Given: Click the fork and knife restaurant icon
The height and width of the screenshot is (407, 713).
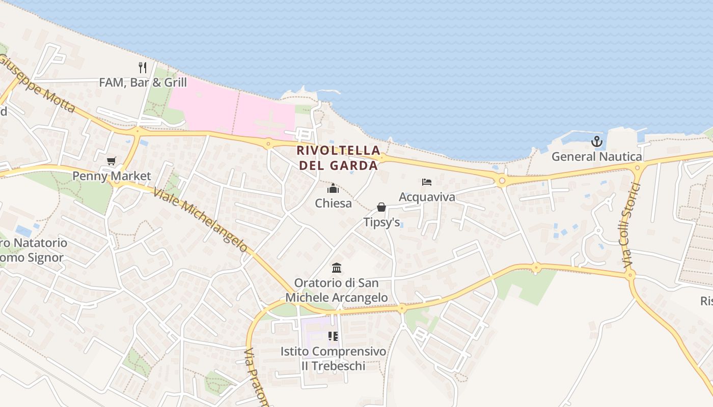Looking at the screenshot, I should [x=143, y=67].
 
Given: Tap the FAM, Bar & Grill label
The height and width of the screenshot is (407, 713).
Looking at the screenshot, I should [x=143, y=82].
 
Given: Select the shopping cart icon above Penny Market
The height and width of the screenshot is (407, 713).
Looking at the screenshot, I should [x=112, y=161].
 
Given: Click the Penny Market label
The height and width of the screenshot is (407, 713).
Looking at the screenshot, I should [x=112, y=176].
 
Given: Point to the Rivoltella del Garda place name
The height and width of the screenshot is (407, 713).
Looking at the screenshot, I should [x=339, y=158].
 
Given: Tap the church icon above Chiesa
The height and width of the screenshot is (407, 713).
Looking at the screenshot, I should [x=333, y=189].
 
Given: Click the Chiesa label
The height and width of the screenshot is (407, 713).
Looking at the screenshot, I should [x=333, y=203].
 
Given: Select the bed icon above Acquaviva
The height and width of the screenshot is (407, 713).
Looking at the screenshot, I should [x=427, y=182].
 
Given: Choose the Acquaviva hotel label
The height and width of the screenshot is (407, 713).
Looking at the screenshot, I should [x=427, y=197].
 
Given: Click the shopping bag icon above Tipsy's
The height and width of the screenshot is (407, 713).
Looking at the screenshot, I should [x=381, y=207].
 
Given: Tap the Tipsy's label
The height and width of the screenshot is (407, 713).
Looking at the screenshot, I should [x=381, y=222].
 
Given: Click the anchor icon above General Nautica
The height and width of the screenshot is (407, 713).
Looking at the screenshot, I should [x=596, y=141].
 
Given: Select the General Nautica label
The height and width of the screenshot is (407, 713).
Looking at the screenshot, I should [x=596, y=157].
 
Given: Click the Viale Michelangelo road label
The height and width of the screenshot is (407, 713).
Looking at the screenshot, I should [x=200, y=220].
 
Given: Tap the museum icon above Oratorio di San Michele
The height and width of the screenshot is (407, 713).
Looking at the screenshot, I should [x=336, y=268].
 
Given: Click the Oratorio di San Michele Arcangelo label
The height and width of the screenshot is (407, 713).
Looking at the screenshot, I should [x=336, y=290].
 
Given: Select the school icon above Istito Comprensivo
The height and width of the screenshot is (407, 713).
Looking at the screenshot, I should [x=333, y=336].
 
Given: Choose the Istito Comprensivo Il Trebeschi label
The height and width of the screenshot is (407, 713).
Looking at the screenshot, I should [x=333, y=359].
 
